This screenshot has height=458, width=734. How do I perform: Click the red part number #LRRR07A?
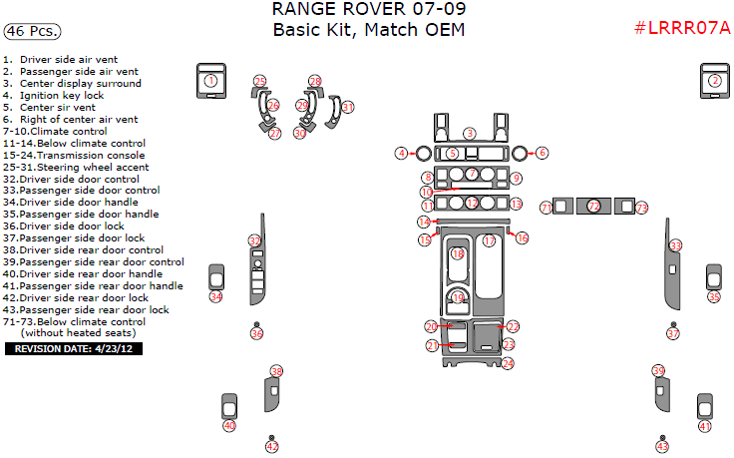682,28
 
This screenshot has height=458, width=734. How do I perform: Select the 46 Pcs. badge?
29,32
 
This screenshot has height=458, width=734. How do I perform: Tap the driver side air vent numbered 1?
210,82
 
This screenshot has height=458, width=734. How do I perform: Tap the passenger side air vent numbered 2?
714,82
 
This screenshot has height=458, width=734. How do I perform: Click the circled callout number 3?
469,134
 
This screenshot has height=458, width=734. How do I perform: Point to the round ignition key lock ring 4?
421,154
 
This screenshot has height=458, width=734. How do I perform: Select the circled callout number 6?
542,153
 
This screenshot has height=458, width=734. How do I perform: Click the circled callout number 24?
508,364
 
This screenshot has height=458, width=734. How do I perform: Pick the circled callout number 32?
254,240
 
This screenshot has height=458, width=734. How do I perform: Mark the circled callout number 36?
256,334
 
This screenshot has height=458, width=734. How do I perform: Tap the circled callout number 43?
662,447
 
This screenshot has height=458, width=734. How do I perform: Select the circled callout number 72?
594,207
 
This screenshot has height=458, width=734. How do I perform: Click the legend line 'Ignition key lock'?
68,96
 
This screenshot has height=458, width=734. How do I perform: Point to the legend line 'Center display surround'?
80,84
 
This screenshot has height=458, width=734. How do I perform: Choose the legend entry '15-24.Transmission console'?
74,156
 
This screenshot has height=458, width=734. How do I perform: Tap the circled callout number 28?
315,81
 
